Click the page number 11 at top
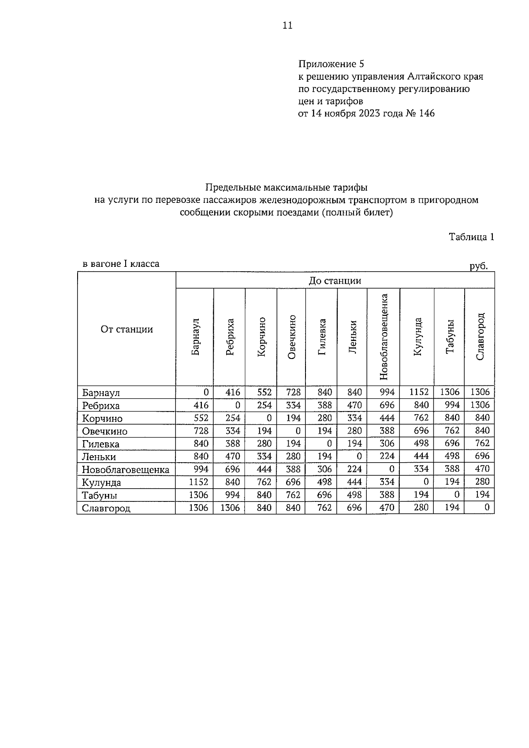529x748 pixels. pos(287,25)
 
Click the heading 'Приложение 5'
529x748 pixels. pos(331,64)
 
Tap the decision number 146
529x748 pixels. pos(427,113)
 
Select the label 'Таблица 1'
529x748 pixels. pos(471,237)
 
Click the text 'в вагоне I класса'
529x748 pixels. pos(121,264)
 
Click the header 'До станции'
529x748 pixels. pos(335,280)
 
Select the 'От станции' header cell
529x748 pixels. pos(127,329)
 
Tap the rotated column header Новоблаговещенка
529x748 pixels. pos(383,337)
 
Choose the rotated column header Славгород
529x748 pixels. pos(480,337)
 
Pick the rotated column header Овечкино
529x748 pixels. pos(291,337)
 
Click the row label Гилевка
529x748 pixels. pos(101,444)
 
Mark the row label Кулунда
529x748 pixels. pos(101,482)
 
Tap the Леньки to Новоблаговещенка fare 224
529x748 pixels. pos(387,456)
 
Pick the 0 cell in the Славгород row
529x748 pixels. pos(487,508)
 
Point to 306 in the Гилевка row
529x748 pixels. pos(387,443)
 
